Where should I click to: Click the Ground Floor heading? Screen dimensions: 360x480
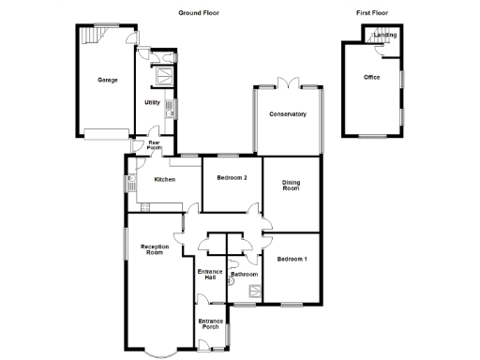tap(199, 12)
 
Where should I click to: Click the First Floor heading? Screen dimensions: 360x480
tap(372, 12)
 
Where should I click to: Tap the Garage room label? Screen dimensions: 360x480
tap(107, 81)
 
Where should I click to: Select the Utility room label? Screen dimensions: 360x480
tap(152, 102)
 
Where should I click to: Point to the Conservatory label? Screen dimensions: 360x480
tap(288, 114)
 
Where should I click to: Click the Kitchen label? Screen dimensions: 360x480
tap(165, 179)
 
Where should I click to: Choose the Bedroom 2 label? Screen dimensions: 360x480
tap(232, 178)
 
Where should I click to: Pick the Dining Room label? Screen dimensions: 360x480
tap(292, 186)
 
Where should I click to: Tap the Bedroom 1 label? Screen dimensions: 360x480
tap(292, 258)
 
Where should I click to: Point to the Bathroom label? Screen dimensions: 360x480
tap(245, 275)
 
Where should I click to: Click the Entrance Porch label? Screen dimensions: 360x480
tap(210, 324)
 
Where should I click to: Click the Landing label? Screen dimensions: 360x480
tap(385, 36)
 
